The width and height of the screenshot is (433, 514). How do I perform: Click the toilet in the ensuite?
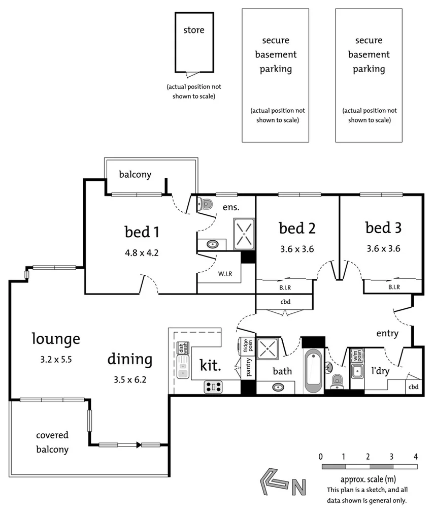click(x=206, y=204)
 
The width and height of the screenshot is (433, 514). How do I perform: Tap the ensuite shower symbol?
click(x=244, y=234)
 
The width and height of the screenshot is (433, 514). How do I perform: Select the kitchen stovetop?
click(x=213, y=387)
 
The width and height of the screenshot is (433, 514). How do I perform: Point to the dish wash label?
click(x=182, y=348)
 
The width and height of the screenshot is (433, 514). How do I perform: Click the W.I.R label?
click(x=225, y=274)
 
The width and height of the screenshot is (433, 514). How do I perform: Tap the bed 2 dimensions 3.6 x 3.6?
click(x=297, y=249)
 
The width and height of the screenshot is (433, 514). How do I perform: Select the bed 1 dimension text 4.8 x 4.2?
click(x=142, y=253)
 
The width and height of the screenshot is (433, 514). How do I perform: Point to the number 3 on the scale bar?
click(x=391, y=456)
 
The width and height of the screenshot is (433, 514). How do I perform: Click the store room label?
click(x=193, y=30)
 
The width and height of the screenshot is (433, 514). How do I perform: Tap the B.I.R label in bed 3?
click(x=394, y=287)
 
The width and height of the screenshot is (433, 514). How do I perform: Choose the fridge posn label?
click(x=248, y=345)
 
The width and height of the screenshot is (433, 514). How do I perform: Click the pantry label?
click(x=249, y=367)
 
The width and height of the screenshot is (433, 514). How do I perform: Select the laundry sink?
click(x=357, y=371)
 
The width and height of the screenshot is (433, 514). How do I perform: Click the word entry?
click(x=387, y=333)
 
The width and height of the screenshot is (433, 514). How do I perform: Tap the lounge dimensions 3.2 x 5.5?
click(x=56, y=360)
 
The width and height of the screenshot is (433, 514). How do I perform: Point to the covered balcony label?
click(x=52, y=442)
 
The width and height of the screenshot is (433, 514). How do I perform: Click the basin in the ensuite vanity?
click(x=213, y=244)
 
